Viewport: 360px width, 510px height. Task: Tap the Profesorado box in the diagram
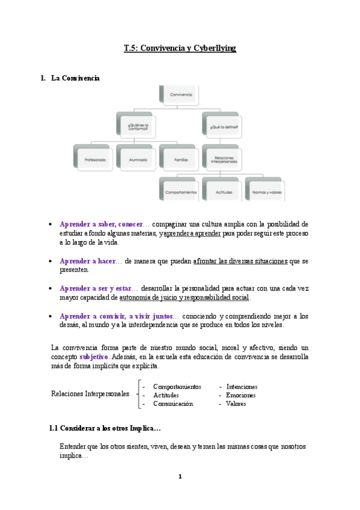94,159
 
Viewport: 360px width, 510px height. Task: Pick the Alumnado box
137,159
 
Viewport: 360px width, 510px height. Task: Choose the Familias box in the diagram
180,159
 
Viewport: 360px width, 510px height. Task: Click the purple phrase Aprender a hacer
87,261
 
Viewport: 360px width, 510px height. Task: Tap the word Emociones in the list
240,395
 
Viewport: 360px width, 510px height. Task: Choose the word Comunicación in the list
173,404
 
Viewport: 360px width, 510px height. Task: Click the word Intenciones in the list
242,387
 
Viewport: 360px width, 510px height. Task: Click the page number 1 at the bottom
180,477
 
